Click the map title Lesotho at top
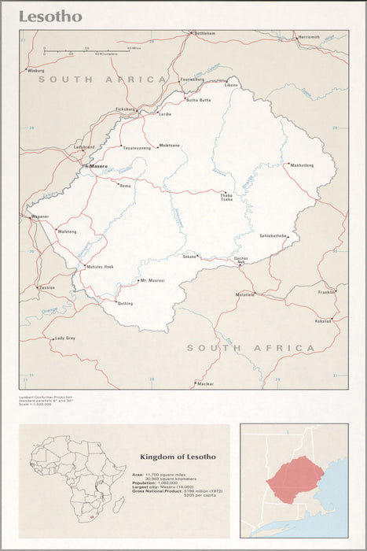pos(50,17)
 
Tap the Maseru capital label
pos(98,167)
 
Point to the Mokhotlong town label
pos(302,165)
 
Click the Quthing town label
pos(125,303)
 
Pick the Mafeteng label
pos(68,231)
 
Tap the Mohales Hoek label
pos(100,267)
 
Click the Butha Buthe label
pos(198,100)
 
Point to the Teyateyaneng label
pos(136,148)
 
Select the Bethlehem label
pos(204,34)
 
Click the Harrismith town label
pos(309,37)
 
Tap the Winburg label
pos(36,71)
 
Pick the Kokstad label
pos(323,321)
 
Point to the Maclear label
pos(205,383)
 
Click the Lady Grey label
pos(65,338)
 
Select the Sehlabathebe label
pos(274,235)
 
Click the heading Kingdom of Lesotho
pos(177,457)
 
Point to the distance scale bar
pos(86,50)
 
